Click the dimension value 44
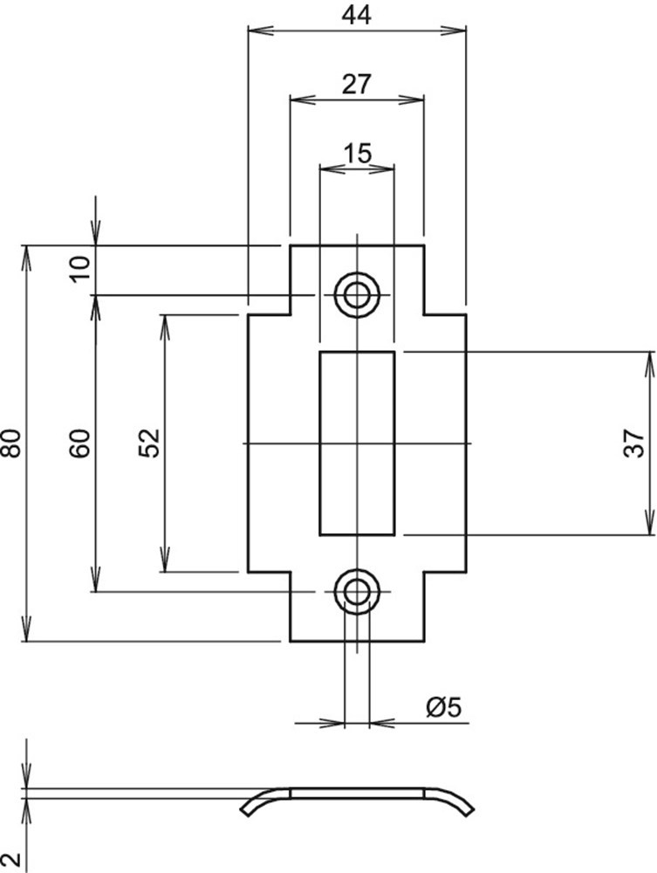click(x=357, y=15)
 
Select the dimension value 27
click(x=357, y=84)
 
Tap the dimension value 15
click(x=357, y=153)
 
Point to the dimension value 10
click(x=80, y=270)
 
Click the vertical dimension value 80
click(x=12, y=443)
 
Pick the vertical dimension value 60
click(x=80, y=443)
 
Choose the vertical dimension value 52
click(x=149, y=443)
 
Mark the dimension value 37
click(x=637, y=443)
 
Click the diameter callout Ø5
click(x=442, y=708)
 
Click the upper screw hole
click(x=357, y=294)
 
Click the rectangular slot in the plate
click(x=357, y=443)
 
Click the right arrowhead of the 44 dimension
click(x=455, y=31)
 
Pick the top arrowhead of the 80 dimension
click(x=28, y=256)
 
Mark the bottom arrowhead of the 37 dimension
click(x=650, y=524)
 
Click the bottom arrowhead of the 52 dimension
click(x=164, y=562)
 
